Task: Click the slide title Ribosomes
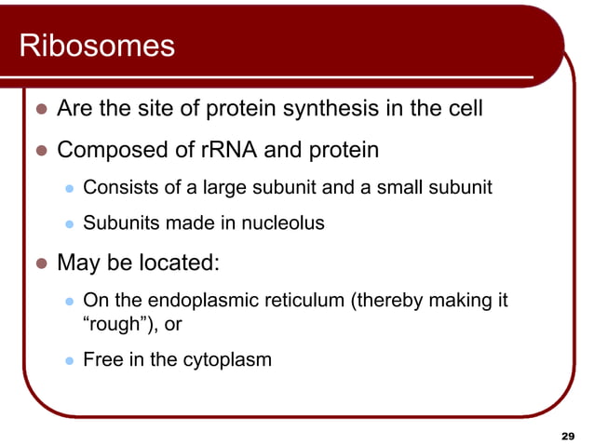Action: click(x=97, y=46)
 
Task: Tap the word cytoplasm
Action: click(x=226, y=359)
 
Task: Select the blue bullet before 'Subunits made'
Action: click(x=68, y=224)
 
